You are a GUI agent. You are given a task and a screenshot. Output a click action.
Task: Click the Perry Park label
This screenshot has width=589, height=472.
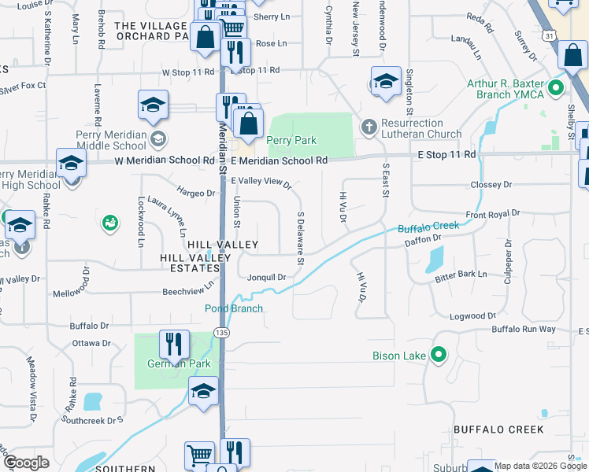(x=291, y=141)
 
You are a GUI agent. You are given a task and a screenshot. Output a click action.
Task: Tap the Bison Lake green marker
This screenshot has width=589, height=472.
(x=439, y=356)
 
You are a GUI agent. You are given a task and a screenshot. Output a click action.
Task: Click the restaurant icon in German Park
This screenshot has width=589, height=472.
(x=173, y=343)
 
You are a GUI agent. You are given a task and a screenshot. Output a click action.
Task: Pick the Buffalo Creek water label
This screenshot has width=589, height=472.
(x=428, y=227)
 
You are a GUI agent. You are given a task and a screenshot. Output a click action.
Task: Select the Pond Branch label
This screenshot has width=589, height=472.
(x=234, y=308)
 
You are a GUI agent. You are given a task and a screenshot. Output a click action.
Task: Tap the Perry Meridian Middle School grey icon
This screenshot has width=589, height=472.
(x=157, y=139)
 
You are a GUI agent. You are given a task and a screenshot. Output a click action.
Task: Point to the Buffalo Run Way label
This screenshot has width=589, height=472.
(x=524, y=329)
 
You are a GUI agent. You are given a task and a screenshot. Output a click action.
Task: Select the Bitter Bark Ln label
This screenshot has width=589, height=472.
(x=461, y=275)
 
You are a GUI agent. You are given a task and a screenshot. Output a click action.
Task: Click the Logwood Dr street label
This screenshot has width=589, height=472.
(x=473, y=316)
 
